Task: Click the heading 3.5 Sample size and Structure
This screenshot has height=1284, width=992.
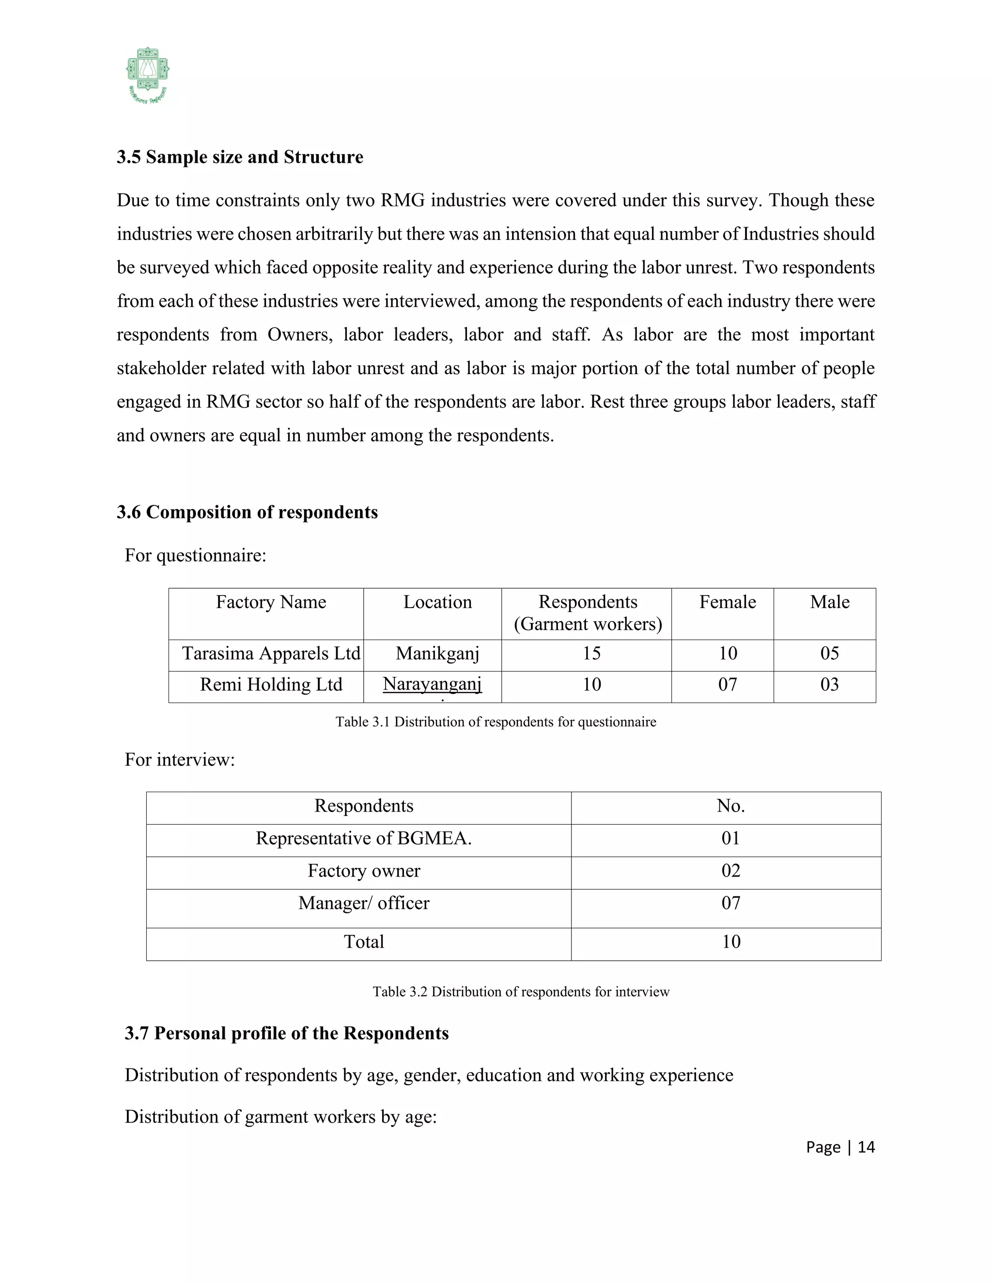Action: (x=240, y=157)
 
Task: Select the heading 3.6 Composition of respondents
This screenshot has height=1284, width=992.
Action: (x=247, y=512)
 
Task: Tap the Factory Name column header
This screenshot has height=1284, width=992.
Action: (x=270, y=602)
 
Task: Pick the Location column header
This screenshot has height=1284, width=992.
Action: (x=437, y=602)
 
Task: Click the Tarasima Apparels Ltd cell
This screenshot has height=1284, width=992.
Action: (x=270, y=654)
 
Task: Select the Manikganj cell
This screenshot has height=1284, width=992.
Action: (x=437, y=654)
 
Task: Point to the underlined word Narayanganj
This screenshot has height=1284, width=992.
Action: (x=432, y=684)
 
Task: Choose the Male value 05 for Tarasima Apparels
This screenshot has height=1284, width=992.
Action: (x=829, y=654)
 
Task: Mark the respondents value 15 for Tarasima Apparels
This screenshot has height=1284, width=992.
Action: (x=591, y=654)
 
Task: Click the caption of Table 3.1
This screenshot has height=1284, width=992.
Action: (x=496, y=722)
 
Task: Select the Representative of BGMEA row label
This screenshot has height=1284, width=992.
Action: (x=364, y=838)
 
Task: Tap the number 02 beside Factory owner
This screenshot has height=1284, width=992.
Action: (x=730, y=871)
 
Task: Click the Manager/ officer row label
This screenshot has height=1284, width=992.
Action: (x=364, y=903)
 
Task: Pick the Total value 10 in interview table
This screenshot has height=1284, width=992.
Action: (x=730, y=942)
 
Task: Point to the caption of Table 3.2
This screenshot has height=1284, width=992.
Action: (x=521, y=992)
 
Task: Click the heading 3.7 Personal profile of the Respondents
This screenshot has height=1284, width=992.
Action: (x=286, y=1033)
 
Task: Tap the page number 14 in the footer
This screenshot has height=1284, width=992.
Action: (x=866, y=1147)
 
